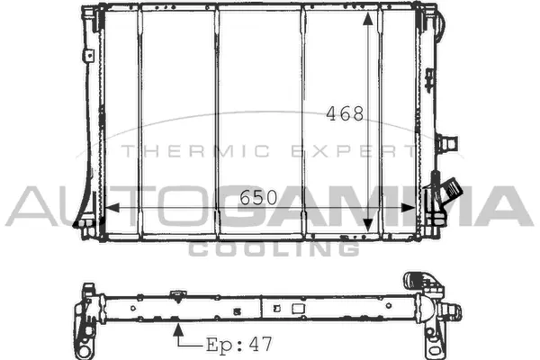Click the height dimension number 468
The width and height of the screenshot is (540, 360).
point(345,114)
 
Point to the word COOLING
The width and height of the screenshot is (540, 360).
point(274,248)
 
